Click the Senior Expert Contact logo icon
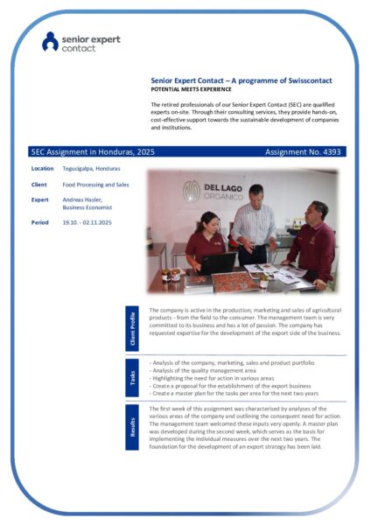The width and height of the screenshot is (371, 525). click(x=51, y=40)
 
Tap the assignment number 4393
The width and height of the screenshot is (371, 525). click(x=332, y=151)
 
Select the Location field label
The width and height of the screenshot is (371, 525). click(x=42, y=168)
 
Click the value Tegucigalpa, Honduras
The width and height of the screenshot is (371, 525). click(x=91, y=168)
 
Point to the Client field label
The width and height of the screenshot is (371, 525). click(x=39, y=185)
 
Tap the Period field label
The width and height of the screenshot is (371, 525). click(x=40, y=222)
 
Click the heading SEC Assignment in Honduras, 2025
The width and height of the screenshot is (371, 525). click(x=80, y=151)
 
